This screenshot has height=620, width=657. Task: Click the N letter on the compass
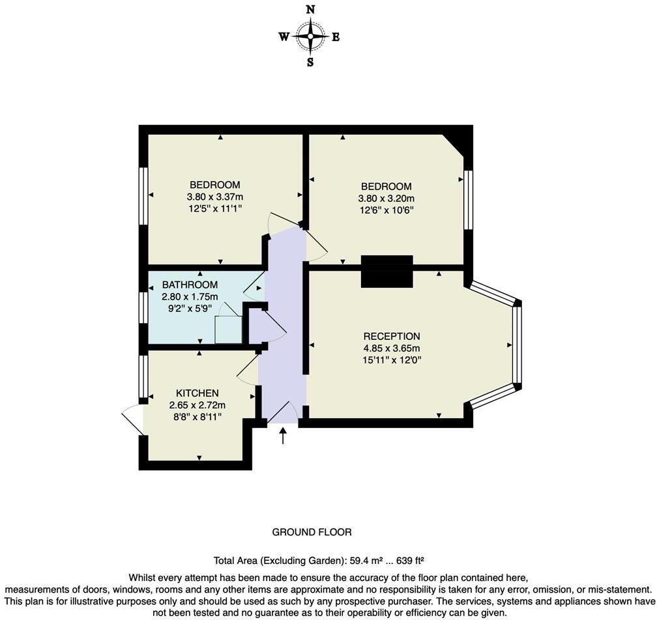[310, 9]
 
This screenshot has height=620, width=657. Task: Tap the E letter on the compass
[336, 37]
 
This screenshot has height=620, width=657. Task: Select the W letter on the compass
[284, 37]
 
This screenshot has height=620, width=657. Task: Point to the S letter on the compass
[310, 63]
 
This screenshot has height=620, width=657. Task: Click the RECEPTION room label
[392, 336]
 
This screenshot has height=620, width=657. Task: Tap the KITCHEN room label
[197, 393]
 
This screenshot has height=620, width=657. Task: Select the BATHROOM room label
[190, 285]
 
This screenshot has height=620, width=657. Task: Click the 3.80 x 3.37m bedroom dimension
[214, 197]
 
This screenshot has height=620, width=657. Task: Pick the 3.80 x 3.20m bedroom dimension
[386, 199]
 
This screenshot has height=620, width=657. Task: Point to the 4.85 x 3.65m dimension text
[392, 348]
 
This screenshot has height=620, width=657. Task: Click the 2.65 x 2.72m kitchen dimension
[197, 404]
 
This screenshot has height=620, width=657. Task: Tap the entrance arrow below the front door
[283, 436]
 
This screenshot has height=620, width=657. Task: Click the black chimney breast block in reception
[387, 271]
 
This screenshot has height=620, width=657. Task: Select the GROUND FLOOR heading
[312, 532]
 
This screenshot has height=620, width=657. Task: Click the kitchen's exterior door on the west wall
[134, 422]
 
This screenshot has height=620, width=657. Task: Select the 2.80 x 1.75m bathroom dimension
[190, 296]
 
